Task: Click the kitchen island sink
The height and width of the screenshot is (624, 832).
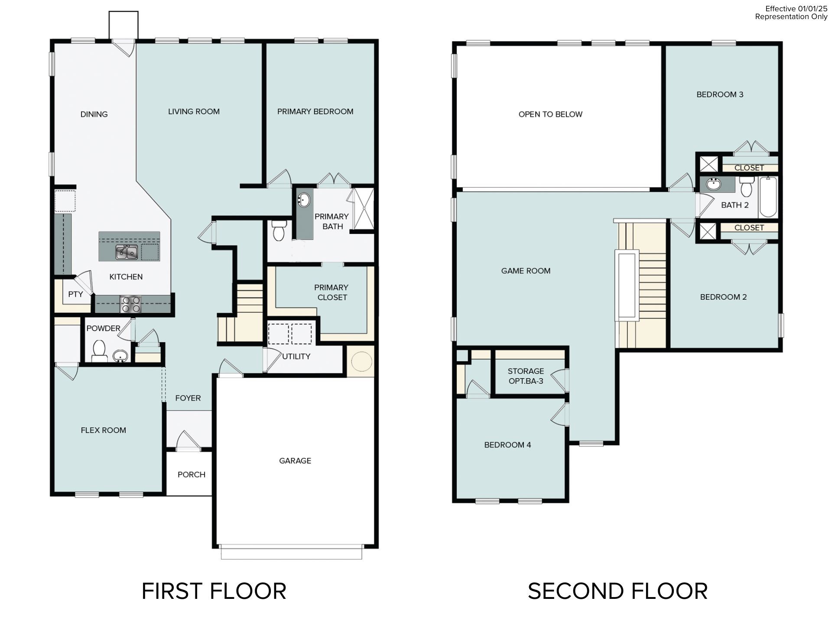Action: [127, 252]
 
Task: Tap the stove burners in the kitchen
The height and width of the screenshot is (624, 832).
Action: [130, 304]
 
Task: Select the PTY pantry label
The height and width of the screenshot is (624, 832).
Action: [75, 294]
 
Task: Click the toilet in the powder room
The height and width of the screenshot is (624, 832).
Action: [100, 350]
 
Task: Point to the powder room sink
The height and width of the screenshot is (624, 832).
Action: [120, 356]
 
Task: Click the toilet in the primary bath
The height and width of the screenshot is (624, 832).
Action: [279, 230]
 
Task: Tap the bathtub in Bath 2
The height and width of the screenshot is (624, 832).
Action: [768, 197]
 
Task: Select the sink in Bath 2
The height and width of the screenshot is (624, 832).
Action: [713, 185]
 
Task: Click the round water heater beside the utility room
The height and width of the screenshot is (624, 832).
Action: [361, 361]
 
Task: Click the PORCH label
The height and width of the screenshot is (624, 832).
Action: [191, 474]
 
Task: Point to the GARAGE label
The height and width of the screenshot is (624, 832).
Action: [295, 461]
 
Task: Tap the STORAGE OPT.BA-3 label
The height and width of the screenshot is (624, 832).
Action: [526, 376]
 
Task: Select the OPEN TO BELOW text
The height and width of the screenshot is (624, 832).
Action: [550, 114]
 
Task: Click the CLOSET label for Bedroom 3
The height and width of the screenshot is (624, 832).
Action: [749, 168]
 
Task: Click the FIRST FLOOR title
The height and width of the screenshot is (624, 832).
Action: [214, 591]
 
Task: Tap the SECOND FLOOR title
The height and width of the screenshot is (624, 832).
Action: [617, 591]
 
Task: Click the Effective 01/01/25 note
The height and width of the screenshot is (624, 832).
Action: [796, 9]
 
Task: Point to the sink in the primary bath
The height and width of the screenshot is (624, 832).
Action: [304, 201]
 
